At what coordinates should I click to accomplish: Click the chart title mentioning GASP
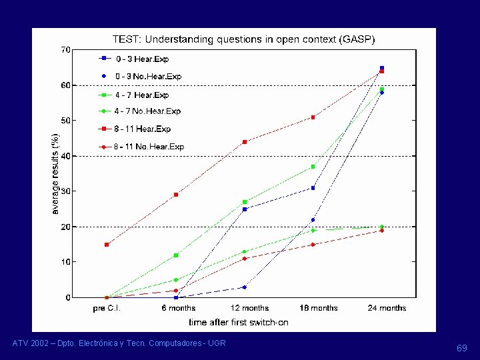(x=244, y=39)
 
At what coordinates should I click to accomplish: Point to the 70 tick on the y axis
(x=65, y=50)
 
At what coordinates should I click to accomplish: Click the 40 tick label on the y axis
(x=65, y=156)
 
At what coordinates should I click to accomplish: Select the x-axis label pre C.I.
(x=107, y=308)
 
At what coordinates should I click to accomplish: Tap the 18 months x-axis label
(x=319, y=308)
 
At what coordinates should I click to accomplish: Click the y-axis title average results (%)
(x=55, y=174)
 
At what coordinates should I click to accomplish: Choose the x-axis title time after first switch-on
(x=239, y=323)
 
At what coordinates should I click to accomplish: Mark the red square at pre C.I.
(x=107, y=245)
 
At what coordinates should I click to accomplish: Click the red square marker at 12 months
(x=245, y=142)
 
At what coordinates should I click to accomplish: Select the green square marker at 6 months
(x=176, y=255)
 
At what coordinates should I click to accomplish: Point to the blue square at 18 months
(x=313, y=188)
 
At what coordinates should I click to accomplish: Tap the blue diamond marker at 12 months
(x=244, y=287)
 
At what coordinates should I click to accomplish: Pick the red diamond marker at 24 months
(x=382, y=231)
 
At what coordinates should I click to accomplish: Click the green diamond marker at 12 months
(x=244, y=252)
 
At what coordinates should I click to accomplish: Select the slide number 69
(x=462, y=348)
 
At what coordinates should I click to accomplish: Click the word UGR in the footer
(x=217, y=343)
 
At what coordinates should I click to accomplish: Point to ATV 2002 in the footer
(x=30, y=343)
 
